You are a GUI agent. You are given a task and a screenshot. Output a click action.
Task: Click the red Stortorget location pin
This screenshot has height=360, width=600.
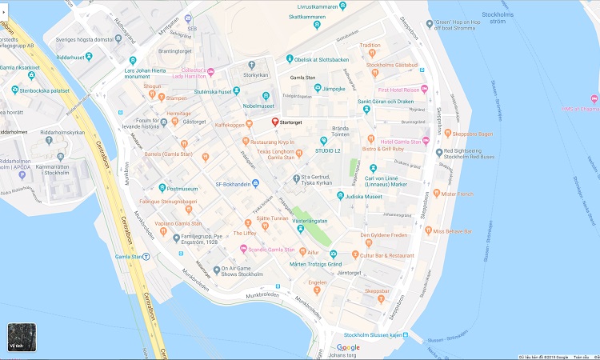pos(275,122)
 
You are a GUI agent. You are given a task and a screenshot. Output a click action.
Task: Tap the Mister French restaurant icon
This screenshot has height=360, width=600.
pos(436,194)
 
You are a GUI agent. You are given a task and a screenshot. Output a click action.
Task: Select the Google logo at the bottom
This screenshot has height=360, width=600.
pos(348,347)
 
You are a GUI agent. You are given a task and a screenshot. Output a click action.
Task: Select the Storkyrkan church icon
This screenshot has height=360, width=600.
pos(251,64)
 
